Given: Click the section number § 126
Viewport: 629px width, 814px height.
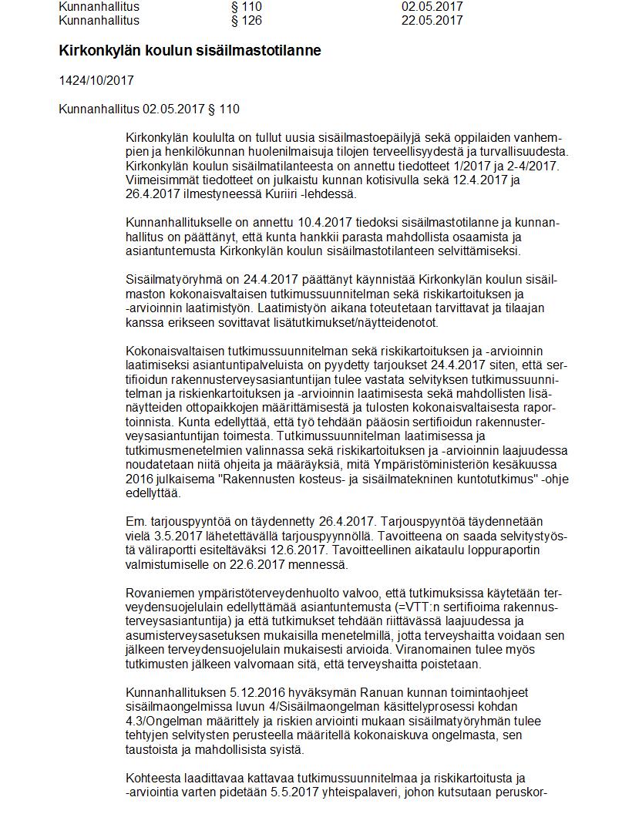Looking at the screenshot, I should (x=247, y=20).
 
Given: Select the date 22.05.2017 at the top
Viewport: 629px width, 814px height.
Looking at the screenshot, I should (x=432, y=20).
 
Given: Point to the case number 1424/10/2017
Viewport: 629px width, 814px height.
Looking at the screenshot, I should (x=91, y=80).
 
